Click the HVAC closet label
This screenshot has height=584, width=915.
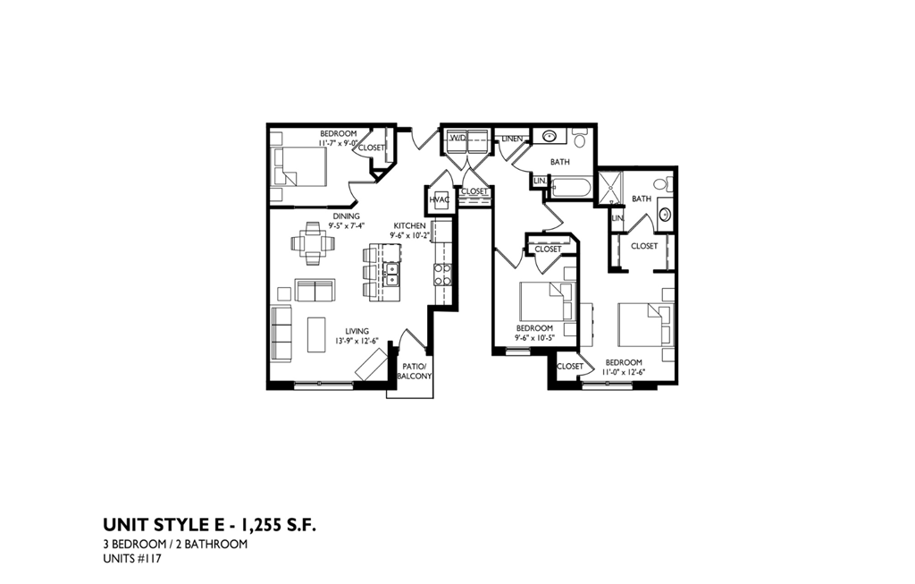pos(439,200)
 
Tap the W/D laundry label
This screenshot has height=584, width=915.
pos(457,139)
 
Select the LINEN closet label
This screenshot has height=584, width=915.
pos(512,139)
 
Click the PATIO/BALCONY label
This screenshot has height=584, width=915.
pos(416,371)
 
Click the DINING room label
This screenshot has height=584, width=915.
pos(346,216)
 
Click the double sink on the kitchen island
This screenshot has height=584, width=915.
pos(390,274)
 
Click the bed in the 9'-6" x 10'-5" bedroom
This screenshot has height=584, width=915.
pos(545,301)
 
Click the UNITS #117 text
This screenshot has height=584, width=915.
pos(132,560)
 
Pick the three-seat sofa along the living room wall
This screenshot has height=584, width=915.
pos(281,334)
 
